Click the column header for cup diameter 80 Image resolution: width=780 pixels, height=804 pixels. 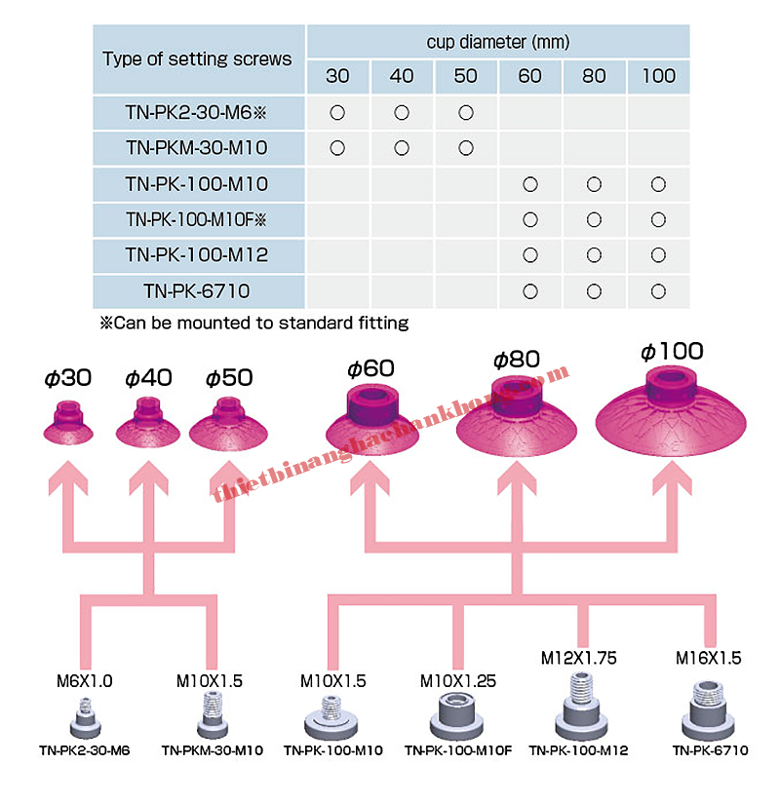[x=594, y=76]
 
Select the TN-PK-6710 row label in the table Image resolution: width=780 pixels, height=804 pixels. [x=197, y=290]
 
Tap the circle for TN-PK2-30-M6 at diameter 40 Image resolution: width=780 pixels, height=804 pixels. [x=402, y=113]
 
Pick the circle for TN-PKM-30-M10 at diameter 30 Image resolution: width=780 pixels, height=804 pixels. [x=337, y=148]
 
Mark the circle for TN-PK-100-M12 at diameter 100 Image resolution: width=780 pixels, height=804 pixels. [x=658, y=254]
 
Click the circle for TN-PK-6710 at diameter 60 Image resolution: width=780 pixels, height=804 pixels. [x=529, y=290]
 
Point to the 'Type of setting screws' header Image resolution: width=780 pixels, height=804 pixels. [x=197, y=58]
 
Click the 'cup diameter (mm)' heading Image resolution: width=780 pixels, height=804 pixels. [x=497, y=42]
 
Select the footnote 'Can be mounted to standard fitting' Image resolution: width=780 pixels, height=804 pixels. [x=253, y=322]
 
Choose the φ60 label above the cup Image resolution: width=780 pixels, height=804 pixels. [x=370, y=368]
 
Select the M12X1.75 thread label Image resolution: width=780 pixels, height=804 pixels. [x=579, y=658]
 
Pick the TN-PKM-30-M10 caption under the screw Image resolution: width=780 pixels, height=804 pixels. [x=213, y=750]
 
